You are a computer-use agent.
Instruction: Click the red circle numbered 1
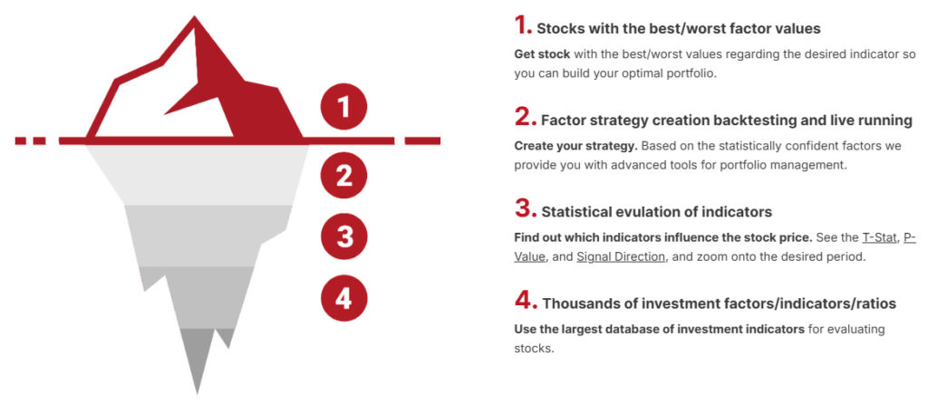tap(343, 108)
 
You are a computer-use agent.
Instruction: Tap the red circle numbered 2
tap(343, 175)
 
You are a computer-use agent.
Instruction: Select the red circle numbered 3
tap(343, 236)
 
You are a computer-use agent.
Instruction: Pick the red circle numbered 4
tap(343, 298)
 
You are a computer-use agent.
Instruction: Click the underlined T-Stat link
tap(879, 238)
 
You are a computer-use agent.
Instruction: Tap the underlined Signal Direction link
tap(621, 257)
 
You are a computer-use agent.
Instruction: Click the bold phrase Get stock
tap(542, 53)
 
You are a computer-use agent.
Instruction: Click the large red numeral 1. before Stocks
tap(523, 25)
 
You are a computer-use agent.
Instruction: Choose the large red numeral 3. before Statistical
tap(526, 209)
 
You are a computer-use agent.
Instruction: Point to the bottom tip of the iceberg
tap(197, 392)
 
